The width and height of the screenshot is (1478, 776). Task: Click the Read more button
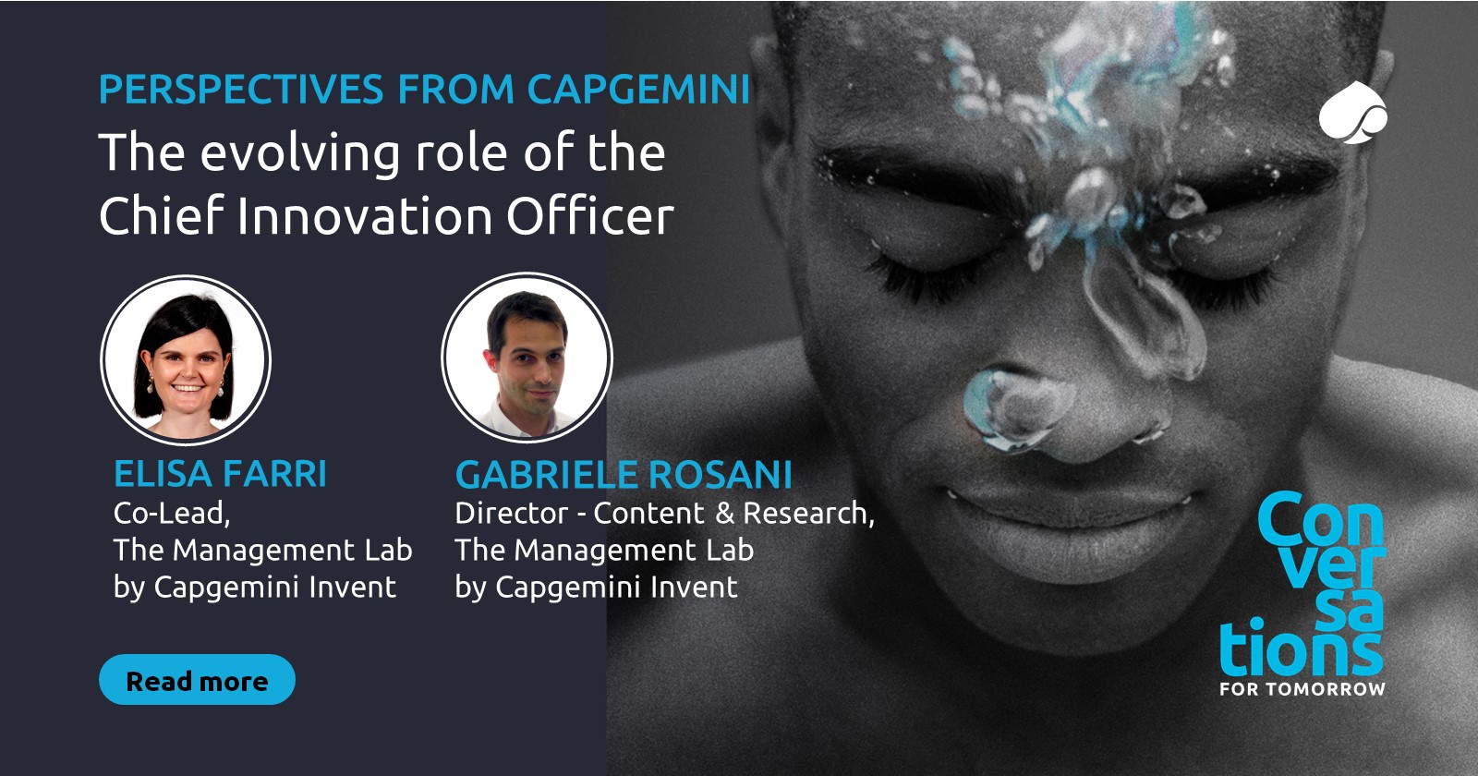coord(197,680)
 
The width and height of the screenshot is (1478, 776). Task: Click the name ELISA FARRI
coord(220,474)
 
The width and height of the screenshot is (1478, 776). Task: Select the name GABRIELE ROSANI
coord(624,475)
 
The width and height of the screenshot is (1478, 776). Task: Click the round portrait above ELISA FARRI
coord(186,360)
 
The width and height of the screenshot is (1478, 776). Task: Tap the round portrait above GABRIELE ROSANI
coord(527,357)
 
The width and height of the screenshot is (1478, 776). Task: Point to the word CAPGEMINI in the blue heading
coord(638,90)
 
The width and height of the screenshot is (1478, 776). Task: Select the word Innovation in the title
coord(363,216)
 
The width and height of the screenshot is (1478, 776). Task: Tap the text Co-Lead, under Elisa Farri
coord(172,514)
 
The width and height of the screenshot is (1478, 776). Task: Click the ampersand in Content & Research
coord(724,513)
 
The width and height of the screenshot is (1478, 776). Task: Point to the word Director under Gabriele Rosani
coord(512,513)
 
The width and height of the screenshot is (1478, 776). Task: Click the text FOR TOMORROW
coord(1302,689)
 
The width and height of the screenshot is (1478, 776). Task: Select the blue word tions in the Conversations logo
coord(1300,649)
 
